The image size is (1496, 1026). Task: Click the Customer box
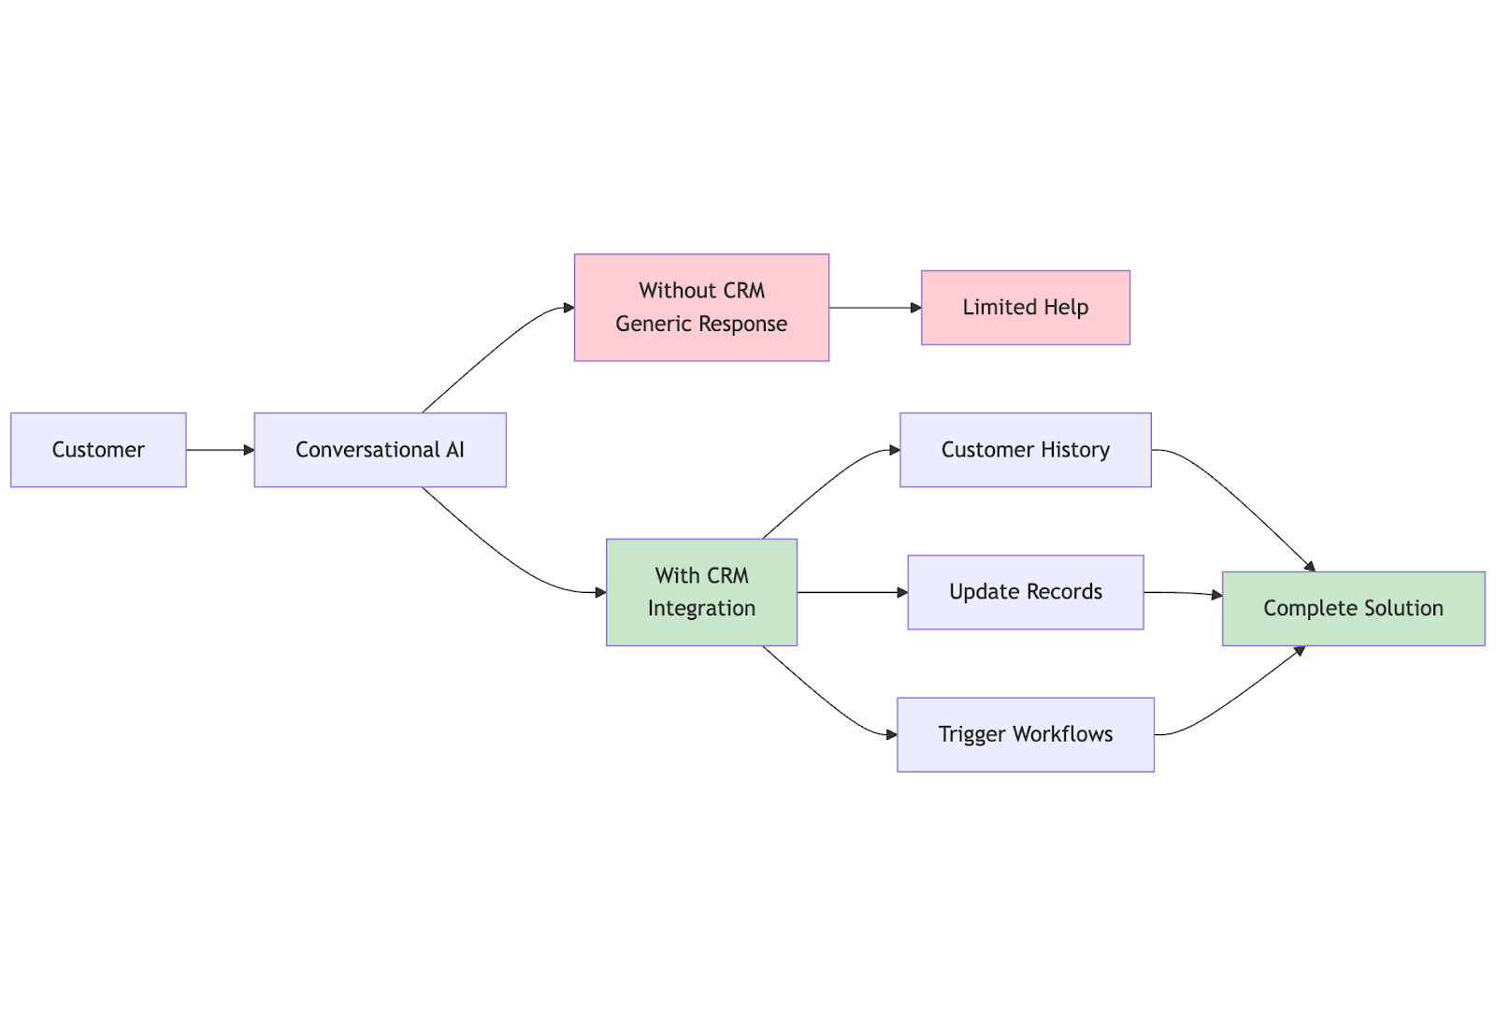[x=98, y=450]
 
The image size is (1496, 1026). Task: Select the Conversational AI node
[x=380, y=450]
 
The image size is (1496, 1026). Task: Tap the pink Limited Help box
[x=1025, y=308]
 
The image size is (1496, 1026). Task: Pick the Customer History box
[x=1025, y=450]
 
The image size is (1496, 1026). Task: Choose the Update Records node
[x=1025, y=592]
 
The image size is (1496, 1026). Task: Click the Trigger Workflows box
[x=1025, y=735]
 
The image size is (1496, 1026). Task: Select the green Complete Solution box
[x=1354, y=609]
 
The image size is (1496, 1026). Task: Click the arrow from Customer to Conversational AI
[x=221, y=450]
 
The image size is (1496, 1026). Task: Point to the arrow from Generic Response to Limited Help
[x=875, y=308]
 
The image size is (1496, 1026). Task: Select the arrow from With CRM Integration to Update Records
[x=852, y=592]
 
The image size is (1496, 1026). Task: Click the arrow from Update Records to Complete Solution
[x=1183, y=593]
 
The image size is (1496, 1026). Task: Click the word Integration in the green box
[x=701, y=609]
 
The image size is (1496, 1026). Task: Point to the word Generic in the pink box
[x=654, y=324]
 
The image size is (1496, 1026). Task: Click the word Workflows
[x=1062, y=734]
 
